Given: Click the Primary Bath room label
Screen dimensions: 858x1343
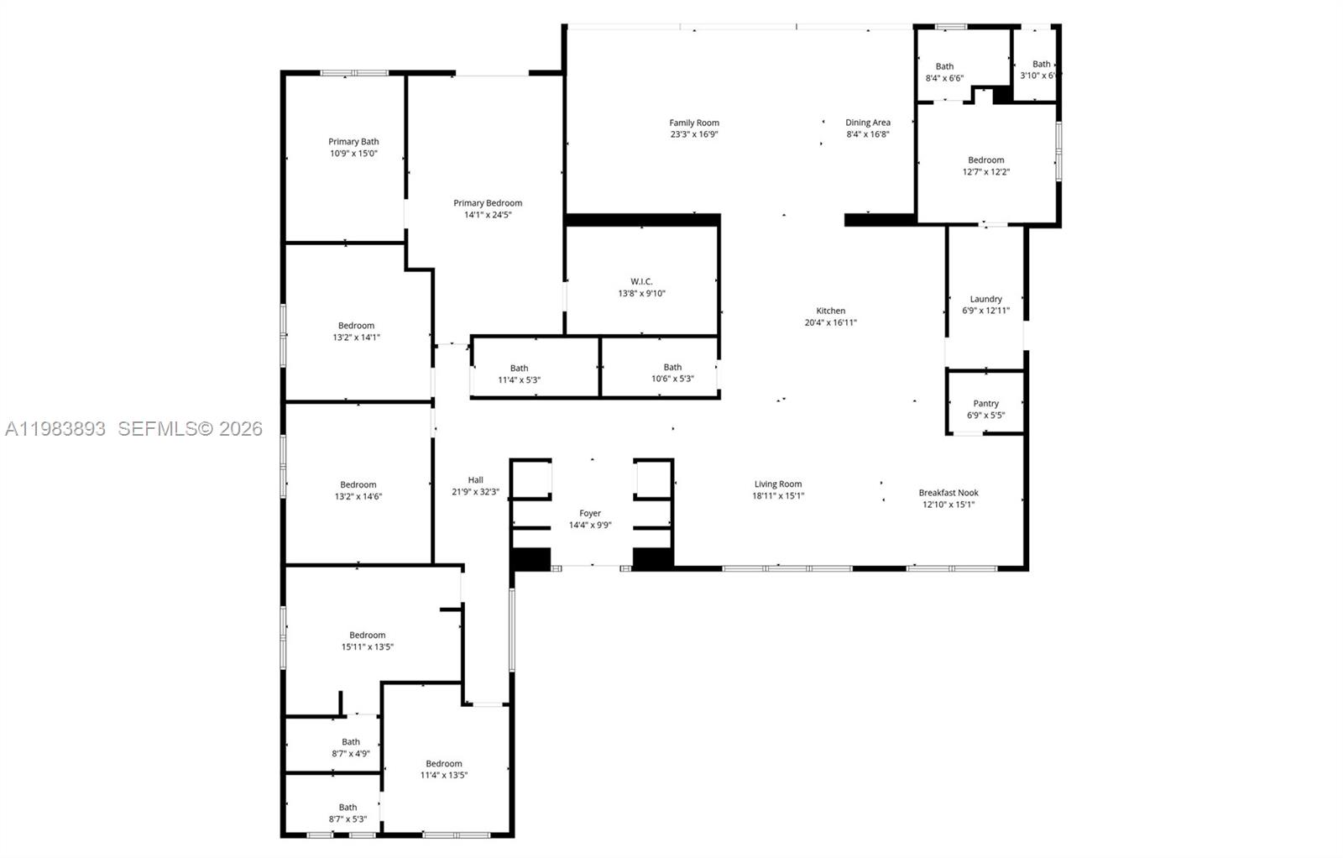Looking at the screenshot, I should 353,142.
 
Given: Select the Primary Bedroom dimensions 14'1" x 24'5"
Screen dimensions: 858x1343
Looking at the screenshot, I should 488,215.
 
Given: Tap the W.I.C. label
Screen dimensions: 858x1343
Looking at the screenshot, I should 641,281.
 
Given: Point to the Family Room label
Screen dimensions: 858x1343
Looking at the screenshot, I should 694,123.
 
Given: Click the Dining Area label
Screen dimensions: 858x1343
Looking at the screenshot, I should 867,123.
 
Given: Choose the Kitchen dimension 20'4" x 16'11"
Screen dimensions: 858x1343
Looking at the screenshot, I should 830,322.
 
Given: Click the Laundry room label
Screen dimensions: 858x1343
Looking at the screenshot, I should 985,299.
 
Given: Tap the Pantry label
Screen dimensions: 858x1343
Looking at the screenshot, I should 985,404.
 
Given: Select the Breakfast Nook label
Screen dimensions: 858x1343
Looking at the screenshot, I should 948,493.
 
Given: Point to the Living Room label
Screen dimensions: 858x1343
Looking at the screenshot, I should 777,484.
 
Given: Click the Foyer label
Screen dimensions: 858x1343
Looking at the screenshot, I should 590,514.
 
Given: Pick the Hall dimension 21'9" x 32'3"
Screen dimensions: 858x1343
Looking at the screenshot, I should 475,492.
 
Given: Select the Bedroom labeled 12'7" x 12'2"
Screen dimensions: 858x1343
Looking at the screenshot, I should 985,160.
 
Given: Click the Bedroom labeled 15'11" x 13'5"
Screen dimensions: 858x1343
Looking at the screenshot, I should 367,636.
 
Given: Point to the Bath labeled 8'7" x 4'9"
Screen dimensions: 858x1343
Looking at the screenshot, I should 350,742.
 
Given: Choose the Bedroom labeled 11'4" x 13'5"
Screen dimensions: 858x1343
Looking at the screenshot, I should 443,764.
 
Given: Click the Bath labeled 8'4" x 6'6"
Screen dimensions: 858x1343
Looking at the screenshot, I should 944,66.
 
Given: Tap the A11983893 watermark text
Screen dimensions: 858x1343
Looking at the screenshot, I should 55,429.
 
